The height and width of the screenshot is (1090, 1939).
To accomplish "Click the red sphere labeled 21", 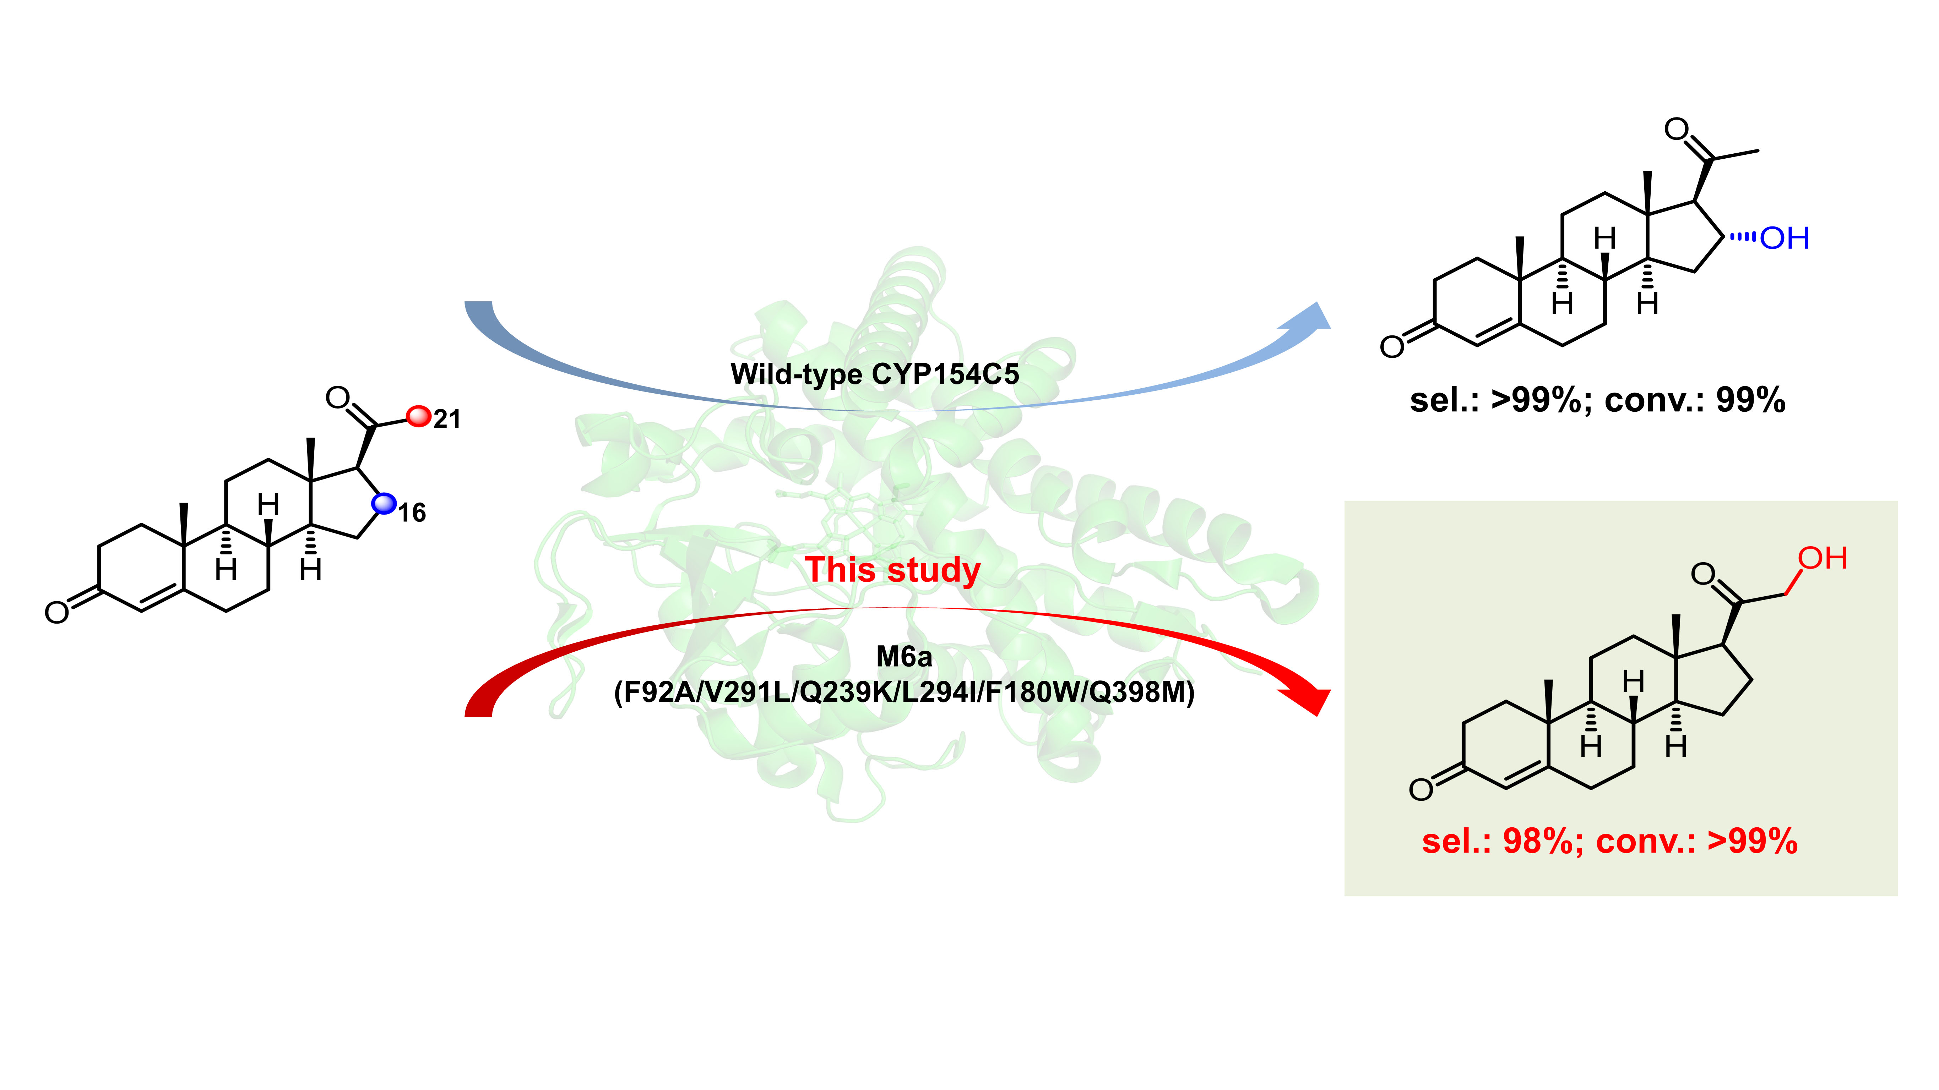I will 418,416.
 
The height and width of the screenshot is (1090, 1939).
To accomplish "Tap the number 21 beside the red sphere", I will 447,419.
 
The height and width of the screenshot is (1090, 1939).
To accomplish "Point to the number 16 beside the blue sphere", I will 412,513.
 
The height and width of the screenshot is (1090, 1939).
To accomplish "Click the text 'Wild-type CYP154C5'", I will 875,374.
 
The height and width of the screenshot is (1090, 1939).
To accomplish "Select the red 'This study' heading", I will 893,569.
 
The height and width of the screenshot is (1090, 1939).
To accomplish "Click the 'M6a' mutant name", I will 904,657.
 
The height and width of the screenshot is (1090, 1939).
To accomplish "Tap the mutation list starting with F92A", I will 904,692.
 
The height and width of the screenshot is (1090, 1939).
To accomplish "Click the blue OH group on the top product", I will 1784,239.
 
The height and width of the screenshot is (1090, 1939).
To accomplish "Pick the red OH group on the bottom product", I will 1822,559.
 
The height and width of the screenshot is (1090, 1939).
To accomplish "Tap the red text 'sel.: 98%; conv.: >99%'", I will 1609,841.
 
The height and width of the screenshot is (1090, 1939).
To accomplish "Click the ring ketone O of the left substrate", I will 56,612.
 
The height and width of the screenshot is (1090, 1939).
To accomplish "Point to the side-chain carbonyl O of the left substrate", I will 338,397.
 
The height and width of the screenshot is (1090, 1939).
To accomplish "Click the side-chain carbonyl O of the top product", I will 1676,130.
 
